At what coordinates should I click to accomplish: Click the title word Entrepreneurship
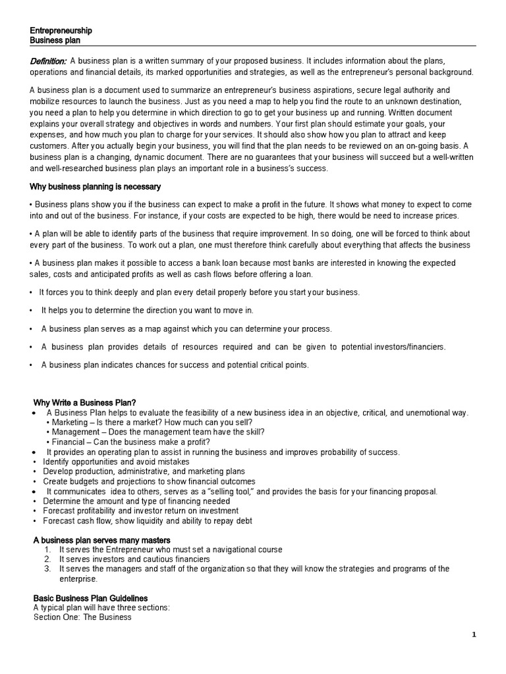pyautogui.click(x=61, y=31)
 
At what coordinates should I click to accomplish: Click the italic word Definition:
pyautogui.click(x=48, y=61)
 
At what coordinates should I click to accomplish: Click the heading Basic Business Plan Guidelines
pyautogui.click(x=91, y=598)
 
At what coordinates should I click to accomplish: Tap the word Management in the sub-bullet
pyautogui.click(x=76, y=432)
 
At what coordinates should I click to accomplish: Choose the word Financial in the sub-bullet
pyautogui.click(x=69, y=442)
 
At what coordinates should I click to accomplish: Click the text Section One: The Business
pyautogui.click(x=82, y=617)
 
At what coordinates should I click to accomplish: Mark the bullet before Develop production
pyautogui.click(x=35, y=471)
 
